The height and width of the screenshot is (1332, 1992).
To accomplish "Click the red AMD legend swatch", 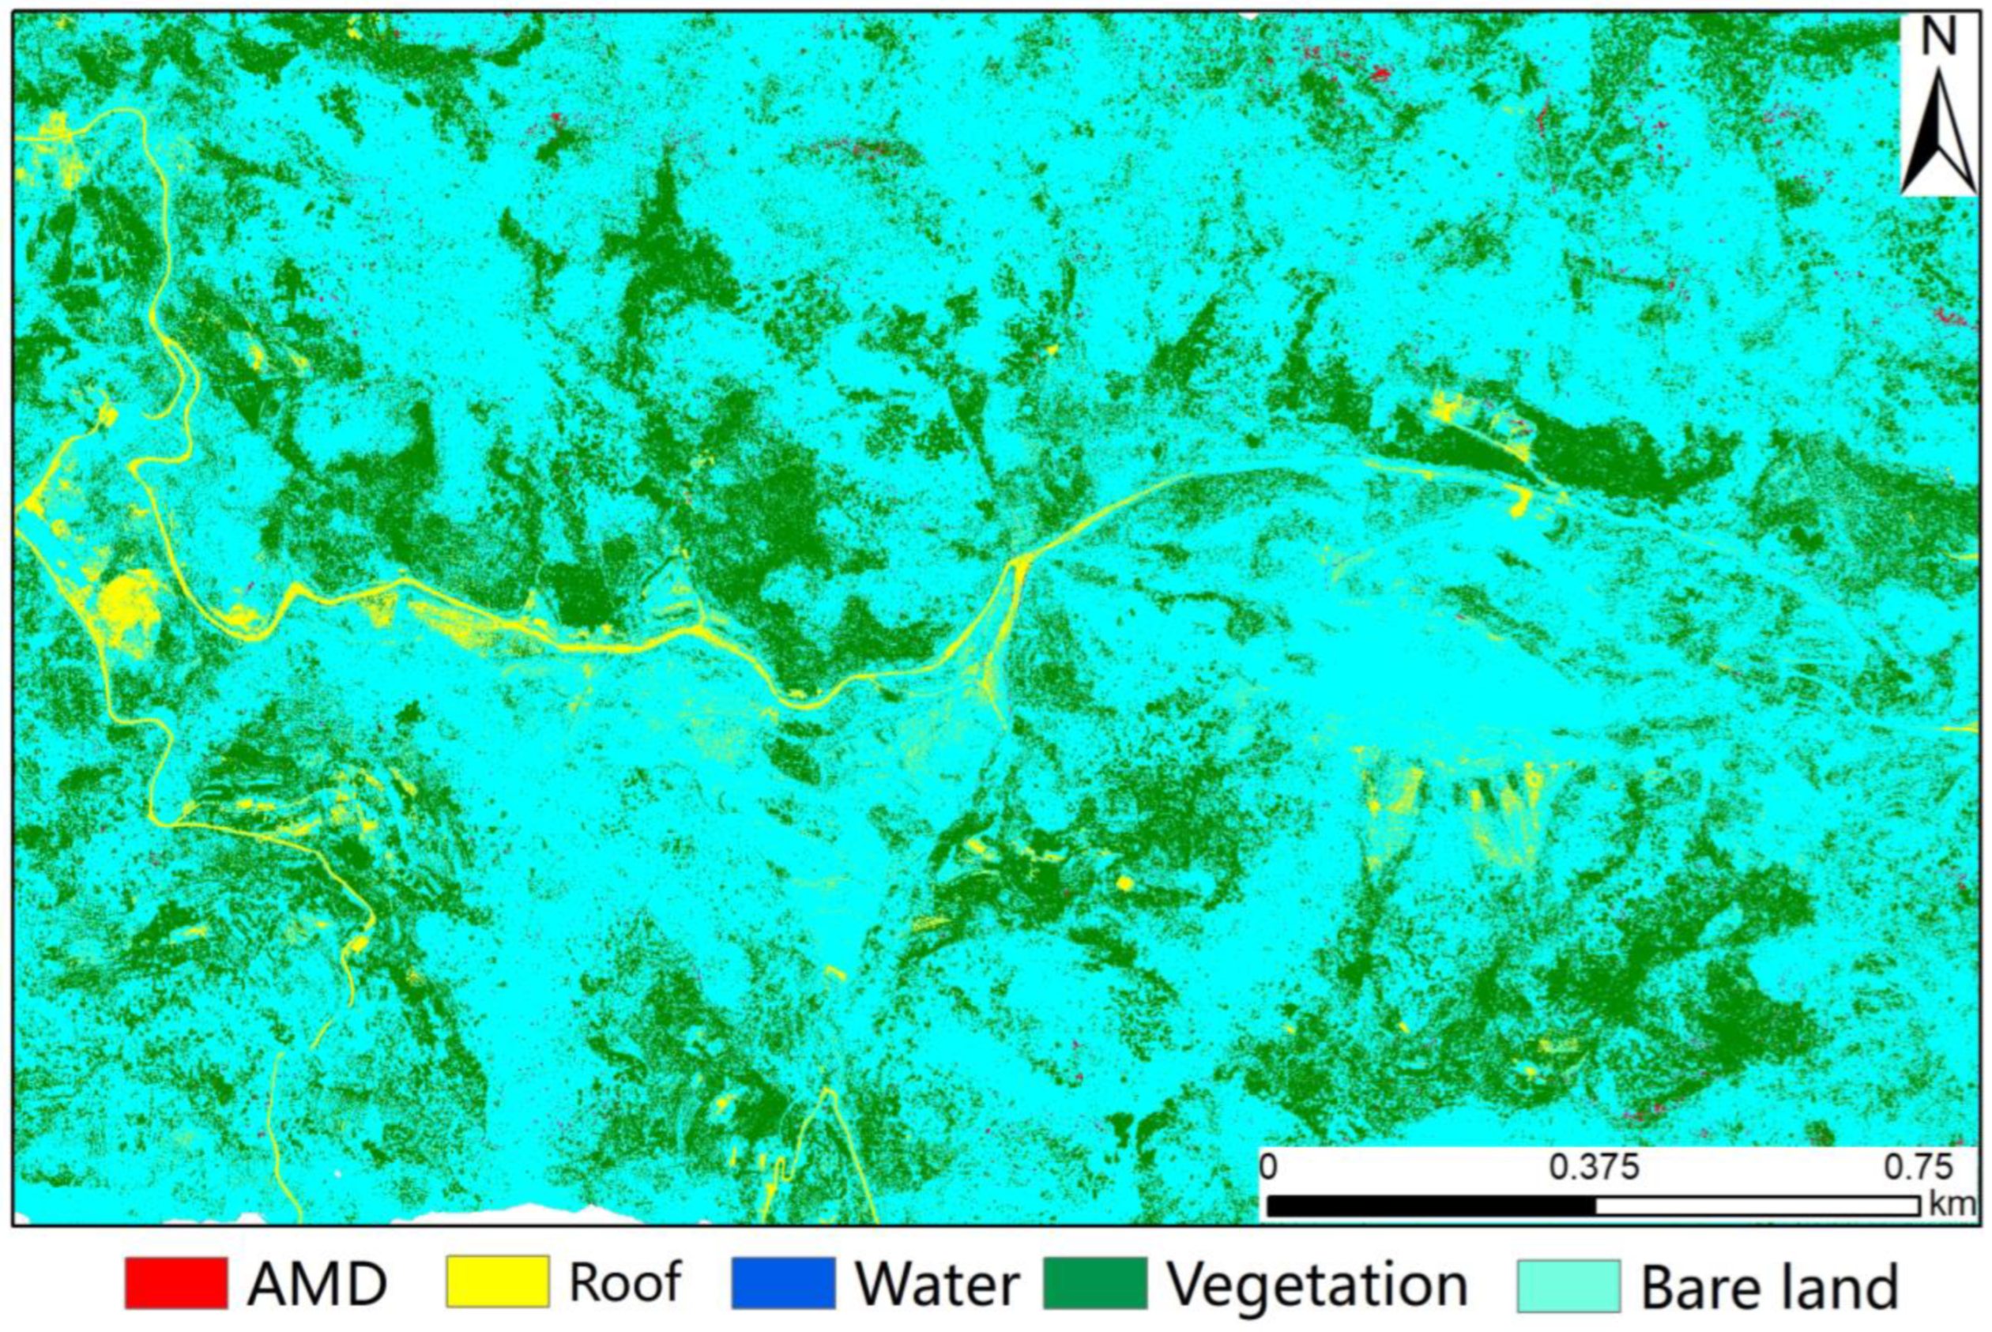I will coord(176,1283).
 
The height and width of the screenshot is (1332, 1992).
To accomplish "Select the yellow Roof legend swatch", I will coord(497,1283).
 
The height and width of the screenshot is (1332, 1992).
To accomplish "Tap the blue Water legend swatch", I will coord(782,1283).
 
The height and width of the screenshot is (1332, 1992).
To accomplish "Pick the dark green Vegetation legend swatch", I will coord(1095,1283).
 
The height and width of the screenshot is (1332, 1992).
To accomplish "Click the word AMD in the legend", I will coord(317,1285).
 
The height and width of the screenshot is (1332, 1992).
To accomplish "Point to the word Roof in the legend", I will coord(625,1282).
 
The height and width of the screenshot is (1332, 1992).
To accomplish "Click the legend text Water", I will coord(937,1285).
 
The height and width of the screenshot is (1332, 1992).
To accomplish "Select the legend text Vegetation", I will coord(1316,1285).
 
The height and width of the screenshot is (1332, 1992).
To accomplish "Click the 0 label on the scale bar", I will coord(1267,1168).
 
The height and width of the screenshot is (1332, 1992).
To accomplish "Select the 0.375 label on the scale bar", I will coord(1594,1168).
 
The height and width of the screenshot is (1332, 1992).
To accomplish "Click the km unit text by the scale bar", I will coord(1950,1204).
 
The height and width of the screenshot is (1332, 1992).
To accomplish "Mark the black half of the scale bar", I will coord(1430,1206).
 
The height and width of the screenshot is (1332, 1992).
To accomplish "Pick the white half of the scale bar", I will coord(1756,1206).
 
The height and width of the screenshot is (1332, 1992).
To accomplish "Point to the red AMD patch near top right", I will coord(1380,75).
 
